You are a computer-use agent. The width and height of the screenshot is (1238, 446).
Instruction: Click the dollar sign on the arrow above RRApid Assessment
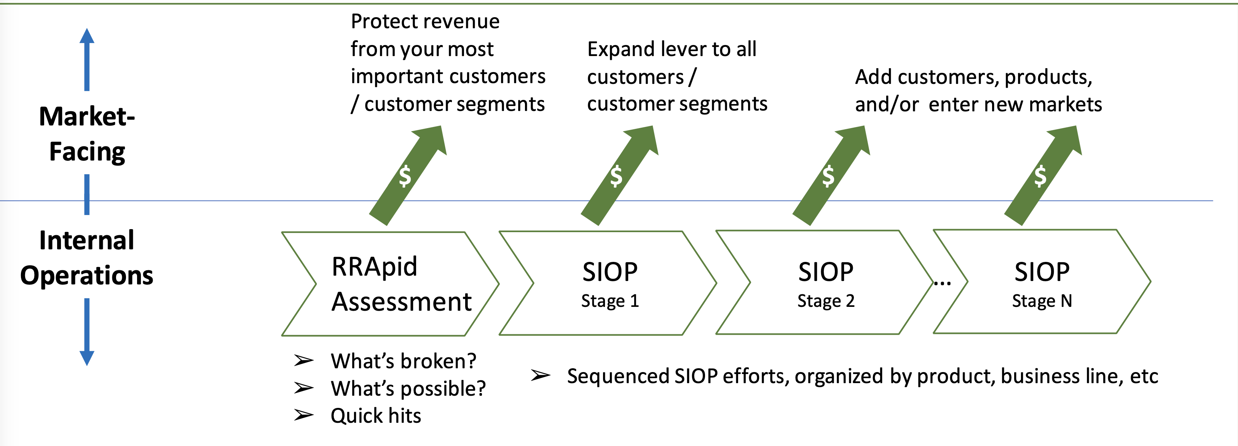point(405,176)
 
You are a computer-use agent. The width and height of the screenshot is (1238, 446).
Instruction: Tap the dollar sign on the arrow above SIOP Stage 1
point(616,176)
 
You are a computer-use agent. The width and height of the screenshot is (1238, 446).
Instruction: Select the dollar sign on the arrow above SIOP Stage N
point(1040,176)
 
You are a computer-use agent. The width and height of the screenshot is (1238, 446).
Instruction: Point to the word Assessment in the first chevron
point(402,302)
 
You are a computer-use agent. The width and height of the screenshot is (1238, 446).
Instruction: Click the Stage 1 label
point(610,301)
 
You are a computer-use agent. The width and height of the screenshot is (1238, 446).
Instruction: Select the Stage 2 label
point(826,301)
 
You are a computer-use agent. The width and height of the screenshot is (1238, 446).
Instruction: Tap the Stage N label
point(1042,301)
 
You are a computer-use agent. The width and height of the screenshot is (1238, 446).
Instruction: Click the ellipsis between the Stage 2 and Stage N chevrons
point(942,283)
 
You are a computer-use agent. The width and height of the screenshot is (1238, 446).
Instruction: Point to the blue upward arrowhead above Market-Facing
point(87,36)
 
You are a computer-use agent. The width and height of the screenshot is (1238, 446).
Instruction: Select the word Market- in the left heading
point(87,117)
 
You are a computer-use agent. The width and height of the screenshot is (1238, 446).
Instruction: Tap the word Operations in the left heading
point(87,276)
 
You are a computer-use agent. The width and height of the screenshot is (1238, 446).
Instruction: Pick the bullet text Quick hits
point(375,416)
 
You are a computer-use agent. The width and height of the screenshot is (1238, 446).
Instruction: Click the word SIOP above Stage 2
point(826,272)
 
